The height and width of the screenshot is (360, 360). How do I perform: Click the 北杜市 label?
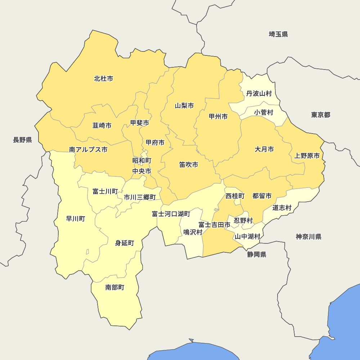pos(104,78)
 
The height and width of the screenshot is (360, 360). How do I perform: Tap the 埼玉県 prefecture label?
pos(278,34)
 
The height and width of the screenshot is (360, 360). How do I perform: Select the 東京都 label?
pos(321,115)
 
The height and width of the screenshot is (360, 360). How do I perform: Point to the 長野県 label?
pos(23,140)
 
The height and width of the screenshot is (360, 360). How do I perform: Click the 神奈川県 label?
pos(309,237)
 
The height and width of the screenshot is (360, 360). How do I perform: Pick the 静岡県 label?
pos(257,255)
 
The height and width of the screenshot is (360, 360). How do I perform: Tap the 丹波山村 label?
pos(259,94)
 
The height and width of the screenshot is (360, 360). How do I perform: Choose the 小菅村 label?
pos(264,112)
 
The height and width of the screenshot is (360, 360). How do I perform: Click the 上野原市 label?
pos(307,156)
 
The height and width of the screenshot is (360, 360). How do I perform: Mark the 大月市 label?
pos(264,149)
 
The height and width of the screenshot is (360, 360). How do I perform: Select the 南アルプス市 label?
pos(88,149)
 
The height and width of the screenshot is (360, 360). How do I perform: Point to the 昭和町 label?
pos(142,161)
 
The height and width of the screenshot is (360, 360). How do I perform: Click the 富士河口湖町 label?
pos(171,214)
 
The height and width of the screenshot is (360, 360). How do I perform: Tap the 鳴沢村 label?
pos(193,232)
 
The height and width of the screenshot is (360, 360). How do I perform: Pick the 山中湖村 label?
pos(247,237)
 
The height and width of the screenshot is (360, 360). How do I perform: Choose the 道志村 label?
pos(282,208)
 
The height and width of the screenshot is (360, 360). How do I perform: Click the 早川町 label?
pos(76,219)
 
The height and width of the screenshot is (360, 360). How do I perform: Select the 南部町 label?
pos(115,287)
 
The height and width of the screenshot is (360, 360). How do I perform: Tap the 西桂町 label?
pos(235,196)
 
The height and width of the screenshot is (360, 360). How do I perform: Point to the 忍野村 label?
pos(243,220)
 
